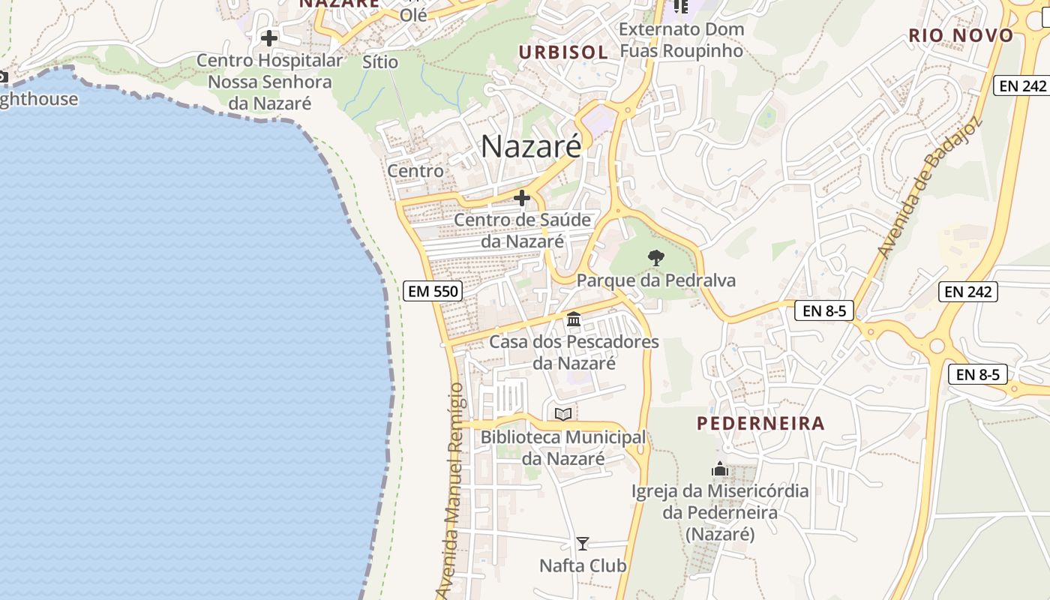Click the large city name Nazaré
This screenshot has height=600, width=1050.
pyautogui.click(x=531, y=146)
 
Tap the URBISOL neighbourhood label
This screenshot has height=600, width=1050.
pyautogui.click(x=562, y=52)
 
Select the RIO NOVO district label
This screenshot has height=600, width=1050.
pyautogui.click(x=961, y=35)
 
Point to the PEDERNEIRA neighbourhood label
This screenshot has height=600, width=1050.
pyautogui.click(x=760, y=423)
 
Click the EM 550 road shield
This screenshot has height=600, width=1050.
pyautogui.click(x=432, y=291)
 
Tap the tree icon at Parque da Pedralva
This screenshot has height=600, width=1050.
pyautogui.click(x=655, y=258)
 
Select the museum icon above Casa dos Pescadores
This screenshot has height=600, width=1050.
pyautogui.click(x=574, y=319)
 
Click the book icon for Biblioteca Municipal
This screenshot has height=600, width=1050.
pyautogui.click(x=563, y=414)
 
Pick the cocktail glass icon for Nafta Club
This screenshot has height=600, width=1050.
pyautogui.click(x=583, y=543)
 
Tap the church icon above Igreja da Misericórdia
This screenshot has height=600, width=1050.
pyautogui.click(x=720, y=469)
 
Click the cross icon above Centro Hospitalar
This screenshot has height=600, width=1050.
pyautogui.click(x=269, y=37)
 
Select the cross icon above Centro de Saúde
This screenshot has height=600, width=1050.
pyautogui.click(x=522, y=198)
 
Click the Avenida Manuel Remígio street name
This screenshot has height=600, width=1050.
pyautogui.click(x=455, y=491)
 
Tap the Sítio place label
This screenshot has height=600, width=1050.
pyautogui.click(x=380, y=61)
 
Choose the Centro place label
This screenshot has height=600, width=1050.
pyautogui.click(x=415, y=171)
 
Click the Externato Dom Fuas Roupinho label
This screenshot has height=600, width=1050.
pyautogui.click(x=681, y=40)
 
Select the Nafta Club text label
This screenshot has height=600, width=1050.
pyautogui.click(x=583, y=565)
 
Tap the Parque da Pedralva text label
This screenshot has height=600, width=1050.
pyautogui.click(x=655, y=280)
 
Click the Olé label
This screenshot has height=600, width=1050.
pyautogui.click(x=413, y=14)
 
